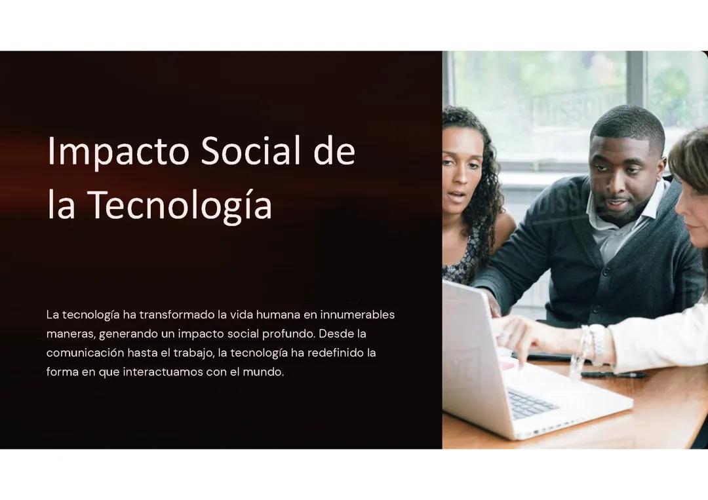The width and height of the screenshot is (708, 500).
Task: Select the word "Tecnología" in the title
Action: click(179, 204)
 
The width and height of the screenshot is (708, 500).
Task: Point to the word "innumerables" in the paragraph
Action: click(357, 315)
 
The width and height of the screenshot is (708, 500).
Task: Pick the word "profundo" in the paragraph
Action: click(288, 334)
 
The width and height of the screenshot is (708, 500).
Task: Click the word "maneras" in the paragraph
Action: click(70, 334)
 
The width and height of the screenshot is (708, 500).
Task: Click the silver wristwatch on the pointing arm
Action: click(597, 343)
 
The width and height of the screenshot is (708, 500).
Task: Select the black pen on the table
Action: click(613, 374)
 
